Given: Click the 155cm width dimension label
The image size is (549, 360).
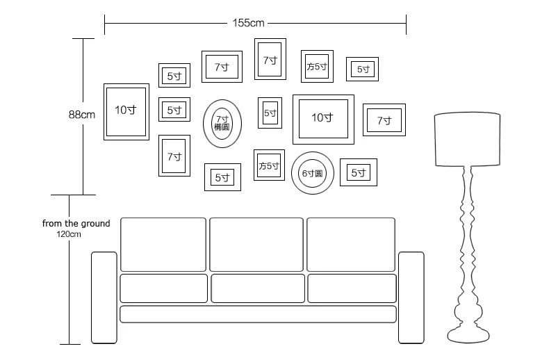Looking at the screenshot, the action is coord(248,23).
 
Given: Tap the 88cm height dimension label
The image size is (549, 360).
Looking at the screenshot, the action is coord(81,115).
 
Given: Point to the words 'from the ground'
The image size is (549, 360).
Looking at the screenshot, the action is coord(76,223).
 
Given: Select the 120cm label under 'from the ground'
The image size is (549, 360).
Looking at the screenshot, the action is coord(69,234).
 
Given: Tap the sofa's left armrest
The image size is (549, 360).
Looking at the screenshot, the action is coord(104,297).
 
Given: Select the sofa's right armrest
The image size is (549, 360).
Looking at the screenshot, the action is coord(411,297).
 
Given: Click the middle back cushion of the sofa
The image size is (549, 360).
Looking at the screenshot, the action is coord(256,245).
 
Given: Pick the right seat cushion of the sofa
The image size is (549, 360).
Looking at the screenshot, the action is coord(352,288).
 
